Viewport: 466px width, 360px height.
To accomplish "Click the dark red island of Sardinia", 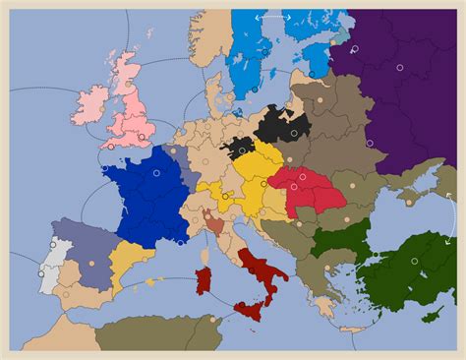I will click(x=204, y=280).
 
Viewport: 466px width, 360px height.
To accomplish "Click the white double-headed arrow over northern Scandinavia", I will click(x=272, y=18).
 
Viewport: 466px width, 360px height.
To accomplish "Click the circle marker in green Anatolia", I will click(x=414, y=261).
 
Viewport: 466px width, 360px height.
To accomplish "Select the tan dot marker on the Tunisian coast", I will click(x=211, y=319).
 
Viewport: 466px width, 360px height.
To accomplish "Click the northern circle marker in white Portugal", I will click(x=51, y=250).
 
